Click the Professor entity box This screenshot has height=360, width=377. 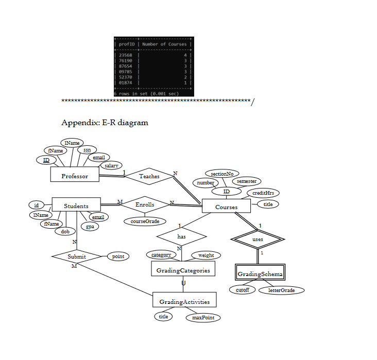click(75, 176)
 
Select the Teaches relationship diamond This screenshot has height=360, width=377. click(149, 176)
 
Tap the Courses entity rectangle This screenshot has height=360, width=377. click(226, 207)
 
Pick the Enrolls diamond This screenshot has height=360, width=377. click(145, 204)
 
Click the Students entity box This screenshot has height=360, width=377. click(76, 206)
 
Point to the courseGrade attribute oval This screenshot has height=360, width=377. click(145, 221)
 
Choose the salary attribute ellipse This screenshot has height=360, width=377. click(111, 166)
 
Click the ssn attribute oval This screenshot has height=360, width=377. click(87, 149)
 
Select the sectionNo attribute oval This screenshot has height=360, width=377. click(222, 174)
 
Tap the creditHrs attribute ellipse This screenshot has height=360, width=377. click(263, 193)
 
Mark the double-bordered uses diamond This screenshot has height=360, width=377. click(258, 239)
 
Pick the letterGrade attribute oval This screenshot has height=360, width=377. click(281, 290)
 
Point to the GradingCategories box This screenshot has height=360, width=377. click(183, 270)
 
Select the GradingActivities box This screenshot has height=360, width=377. click(184, 301)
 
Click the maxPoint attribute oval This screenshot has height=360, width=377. click(203, 318)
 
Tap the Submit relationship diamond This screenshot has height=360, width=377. click(76, 256)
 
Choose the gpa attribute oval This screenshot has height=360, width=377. click(90, 227)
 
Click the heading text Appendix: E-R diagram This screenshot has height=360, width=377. click(105, 123)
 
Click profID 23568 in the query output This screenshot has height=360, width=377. click(126, 54)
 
